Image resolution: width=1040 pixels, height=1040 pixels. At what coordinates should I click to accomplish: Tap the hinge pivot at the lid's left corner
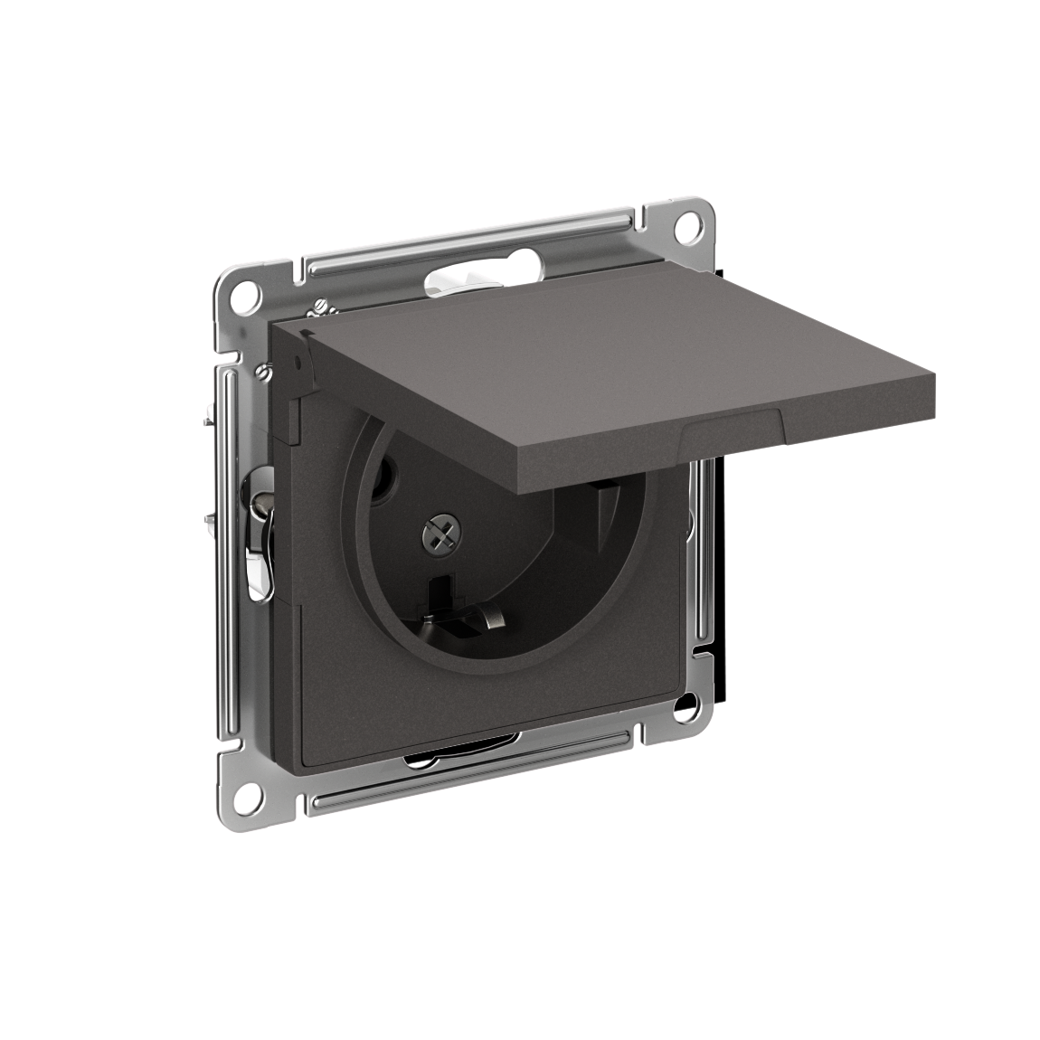point(294,362)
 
